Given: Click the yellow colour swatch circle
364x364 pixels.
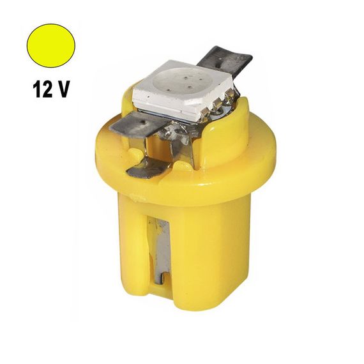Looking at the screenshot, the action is tap(51, 45).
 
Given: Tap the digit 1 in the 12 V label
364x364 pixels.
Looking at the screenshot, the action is tap(38, 89).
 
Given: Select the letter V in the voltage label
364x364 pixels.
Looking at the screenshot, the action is tap(64, 89).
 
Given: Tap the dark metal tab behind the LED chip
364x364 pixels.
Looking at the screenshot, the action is tap(225, 61).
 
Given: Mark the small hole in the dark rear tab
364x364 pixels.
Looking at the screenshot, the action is tap(220, 59).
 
